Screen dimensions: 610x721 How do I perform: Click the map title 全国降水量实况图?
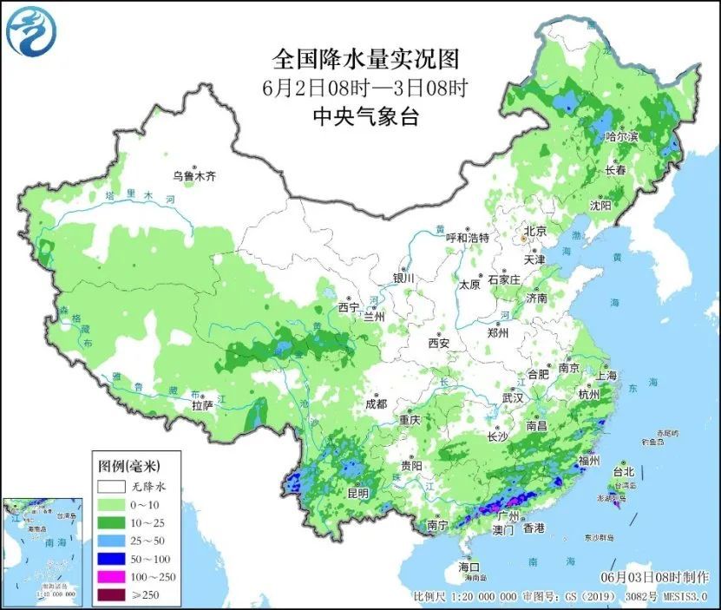[x=365, y=59]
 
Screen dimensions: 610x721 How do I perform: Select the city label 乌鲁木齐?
[x=193, y=176]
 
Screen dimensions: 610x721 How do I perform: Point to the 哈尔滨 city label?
[x=621, y=137]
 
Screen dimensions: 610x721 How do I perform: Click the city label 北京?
[x=534, y=232]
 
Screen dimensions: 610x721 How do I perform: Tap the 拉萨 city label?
[x=202, y=404]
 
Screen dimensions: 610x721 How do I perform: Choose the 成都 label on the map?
[x=375, y=403]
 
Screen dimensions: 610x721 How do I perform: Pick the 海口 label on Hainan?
[x=469, y=567]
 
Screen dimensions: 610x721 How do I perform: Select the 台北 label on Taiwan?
[x=624, y=472]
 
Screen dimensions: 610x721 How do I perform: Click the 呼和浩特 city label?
[x=468, y=238]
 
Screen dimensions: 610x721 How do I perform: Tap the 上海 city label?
[x=606, y=376]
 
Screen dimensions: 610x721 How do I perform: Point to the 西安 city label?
[x=438, y=343]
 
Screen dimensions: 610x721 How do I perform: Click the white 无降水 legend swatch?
[x=109, y=487]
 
